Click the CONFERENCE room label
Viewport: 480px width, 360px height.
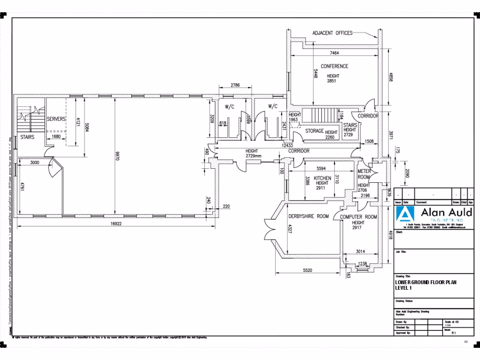(334, 67)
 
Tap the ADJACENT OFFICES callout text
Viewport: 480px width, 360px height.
(332, 33)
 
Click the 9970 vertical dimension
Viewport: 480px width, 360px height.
(117, 156)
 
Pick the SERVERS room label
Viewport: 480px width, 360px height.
(56, 120)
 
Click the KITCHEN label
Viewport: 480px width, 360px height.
(322, 178)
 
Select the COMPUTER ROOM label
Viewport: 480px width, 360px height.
(358, 217)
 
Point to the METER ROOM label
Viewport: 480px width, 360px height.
(364, 174)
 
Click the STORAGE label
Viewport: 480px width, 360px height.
(314, 131)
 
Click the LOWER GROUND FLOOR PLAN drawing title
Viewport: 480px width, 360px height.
(425, 282)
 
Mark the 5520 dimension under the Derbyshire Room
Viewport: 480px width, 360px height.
(307, 270)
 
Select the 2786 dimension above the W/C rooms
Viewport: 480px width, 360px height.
(235, 85)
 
